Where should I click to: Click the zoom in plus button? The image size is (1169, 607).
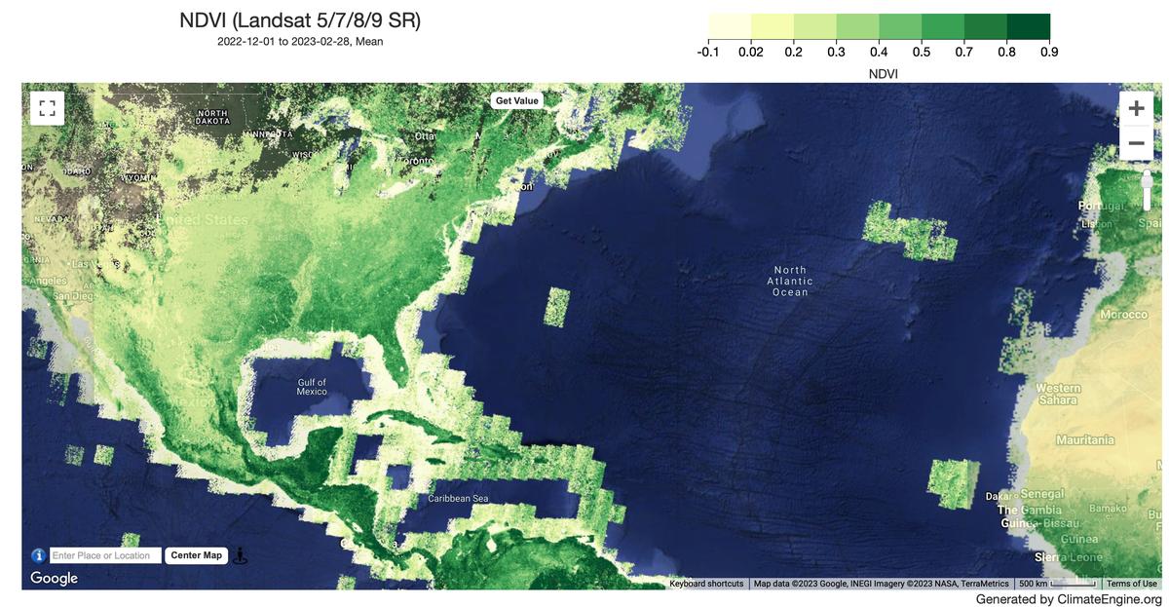[x=1136, y=108]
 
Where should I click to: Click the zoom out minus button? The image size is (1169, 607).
[x=1136, y=143]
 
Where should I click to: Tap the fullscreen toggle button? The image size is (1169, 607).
[x=47, y=108]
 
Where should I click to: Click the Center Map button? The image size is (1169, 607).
[x=197, y=555]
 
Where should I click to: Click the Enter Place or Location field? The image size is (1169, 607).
[x=105, y=555]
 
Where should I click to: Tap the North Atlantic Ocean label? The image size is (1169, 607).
[x=790, y=281]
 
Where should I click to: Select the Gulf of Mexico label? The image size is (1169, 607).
[x=312, y=387]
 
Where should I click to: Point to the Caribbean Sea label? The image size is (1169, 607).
[x=458, y=499]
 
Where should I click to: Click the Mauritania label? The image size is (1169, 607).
[x=1085, y=440]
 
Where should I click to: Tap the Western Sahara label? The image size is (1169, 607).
[x=1058, y=395]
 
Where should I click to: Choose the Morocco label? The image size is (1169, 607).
[x=1123, y=315]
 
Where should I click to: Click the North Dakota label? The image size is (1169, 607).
[x=212, y=118]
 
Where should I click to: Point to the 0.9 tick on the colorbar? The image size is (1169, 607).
[x=1049, y=52]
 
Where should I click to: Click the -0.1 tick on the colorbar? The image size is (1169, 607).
[x=708, y=52]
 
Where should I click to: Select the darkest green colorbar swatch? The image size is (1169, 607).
[x=1028, y=26]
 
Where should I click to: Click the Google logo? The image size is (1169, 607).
[x=54, y=578]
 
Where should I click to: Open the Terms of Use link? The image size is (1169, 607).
[x=1131, y=584]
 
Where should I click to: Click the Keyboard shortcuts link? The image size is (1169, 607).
[x=706, y=584]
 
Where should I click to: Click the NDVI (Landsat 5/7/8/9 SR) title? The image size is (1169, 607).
[x=300, y=20]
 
